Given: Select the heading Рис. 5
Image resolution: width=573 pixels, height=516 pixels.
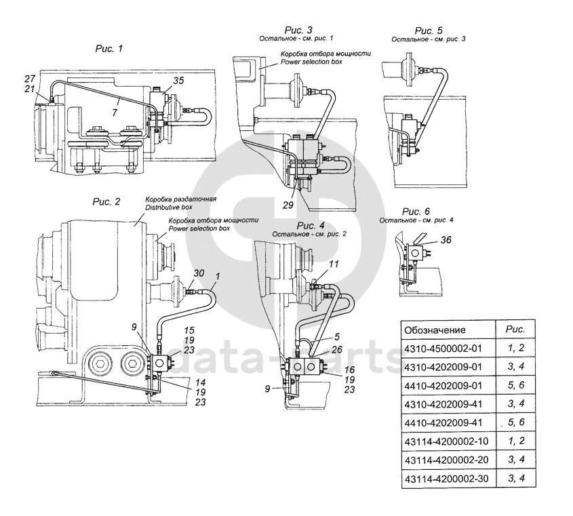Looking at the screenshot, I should click(429, 31).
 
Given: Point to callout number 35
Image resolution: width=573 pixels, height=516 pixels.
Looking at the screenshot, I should click(178, 80).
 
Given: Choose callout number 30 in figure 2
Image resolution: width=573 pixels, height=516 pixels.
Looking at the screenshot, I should click(198, 273).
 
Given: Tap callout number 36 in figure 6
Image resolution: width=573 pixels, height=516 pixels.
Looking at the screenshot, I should click(445, 239).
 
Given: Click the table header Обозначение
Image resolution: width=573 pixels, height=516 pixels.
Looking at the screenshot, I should click(435, 330).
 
